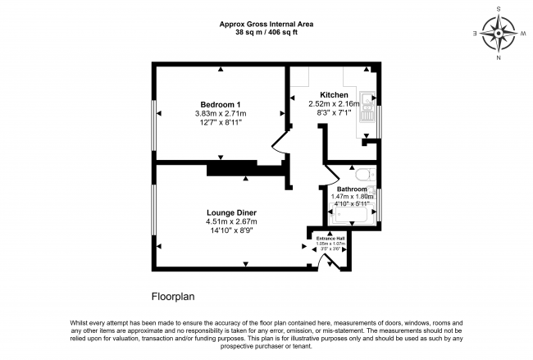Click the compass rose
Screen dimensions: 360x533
coord(499,34)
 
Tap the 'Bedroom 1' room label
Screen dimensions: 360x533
coord(221,103)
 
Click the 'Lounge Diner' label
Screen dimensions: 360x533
coord(231,212)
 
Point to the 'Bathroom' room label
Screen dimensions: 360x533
coord(352,189)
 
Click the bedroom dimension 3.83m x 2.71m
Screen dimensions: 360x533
coord(221,113)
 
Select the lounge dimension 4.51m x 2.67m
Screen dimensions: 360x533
coord(231,222)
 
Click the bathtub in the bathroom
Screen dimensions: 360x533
coord(352,215)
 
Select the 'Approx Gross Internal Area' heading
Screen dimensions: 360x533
coord(266,24)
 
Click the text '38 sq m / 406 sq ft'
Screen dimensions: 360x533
coord(266,33)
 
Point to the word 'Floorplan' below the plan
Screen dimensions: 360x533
coord(172,296)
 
